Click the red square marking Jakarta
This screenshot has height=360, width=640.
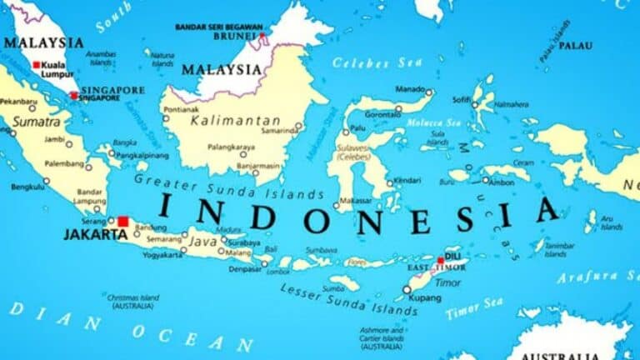click(122, 222)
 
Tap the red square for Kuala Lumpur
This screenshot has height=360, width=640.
click(36, 64)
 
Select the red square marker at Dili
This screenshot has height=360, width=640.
click(441, 260)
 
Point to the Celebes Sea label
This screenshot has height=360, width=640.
click(366, 62)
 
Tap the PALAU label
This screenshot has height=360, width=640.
click(575, 46)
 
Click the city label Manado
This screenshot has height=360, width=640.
click(409, 88)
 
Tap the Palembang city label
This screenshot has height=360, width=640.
click(64, 163)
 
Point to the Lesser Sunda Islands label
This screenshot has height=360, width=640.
click(348, 300)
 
